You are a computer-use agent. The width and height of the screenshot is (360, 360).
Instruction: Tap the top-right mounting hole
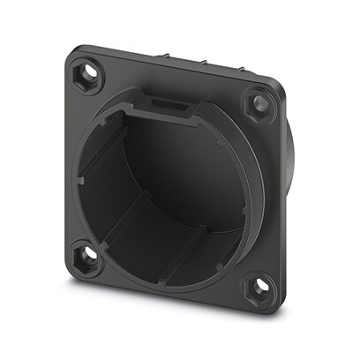point(262,103)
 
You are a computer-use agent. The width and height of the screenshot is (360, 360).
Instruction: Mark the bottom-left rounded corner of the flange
point(72,274)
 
